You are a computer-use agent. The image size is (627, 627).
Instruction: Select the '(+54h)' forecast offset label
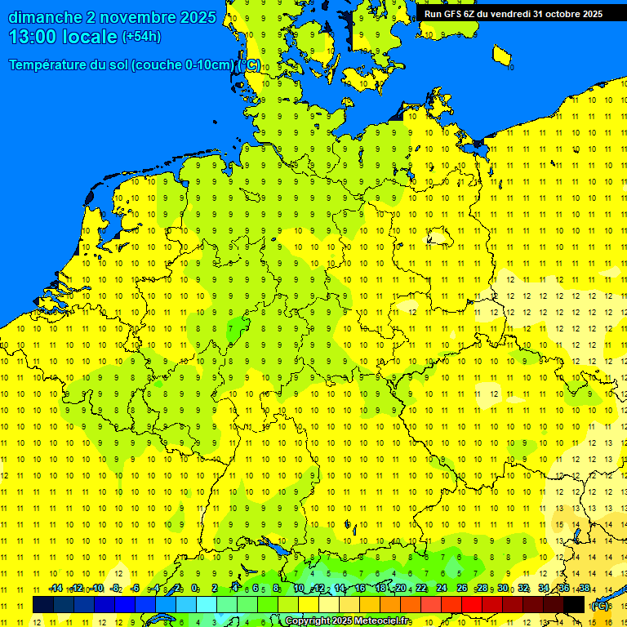141,37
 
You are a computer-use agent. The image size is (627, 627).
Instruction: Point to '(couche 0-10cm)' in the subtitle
181,65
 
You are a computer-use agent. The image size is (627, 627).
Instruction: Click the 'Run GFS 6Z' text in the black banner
449,13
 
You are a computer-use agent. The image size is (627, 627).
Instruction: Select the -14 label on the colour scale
56,588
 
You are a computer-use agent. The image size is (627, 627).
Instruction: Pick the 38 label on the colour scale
584,588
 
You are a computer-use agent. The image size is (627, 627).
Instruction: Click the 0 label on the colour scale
194,588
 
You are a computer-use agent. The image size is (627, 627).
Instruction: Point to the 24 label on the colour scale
442,588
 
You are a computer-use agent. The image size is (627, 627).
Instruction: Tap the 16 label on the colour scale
360,588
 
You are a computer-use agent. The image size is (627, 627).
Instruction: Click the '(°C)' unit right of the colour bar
600,606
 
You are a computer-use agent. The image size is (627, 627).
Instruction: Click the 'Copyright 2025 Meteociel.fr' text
348,621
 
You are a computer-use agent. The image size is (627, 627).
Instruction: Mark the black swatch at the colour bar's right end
574,604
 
